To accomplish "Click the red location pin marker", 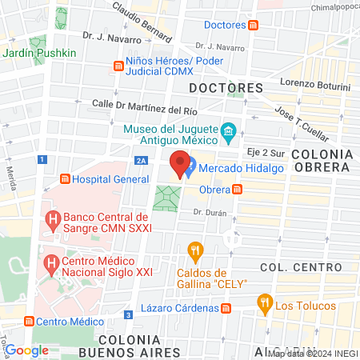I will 180,164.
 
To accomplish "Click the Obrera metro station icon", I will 238,190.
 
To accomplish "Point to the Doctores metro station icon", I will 254,25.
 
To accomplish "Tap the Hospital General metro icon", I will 66,179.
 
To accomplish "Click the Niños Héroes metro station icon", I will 119,62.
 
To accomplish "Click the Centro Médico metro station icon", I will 28,322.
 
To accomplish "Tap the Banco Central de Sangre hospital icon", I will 53,218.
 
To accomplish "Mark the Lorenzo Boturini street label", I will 315,86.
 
